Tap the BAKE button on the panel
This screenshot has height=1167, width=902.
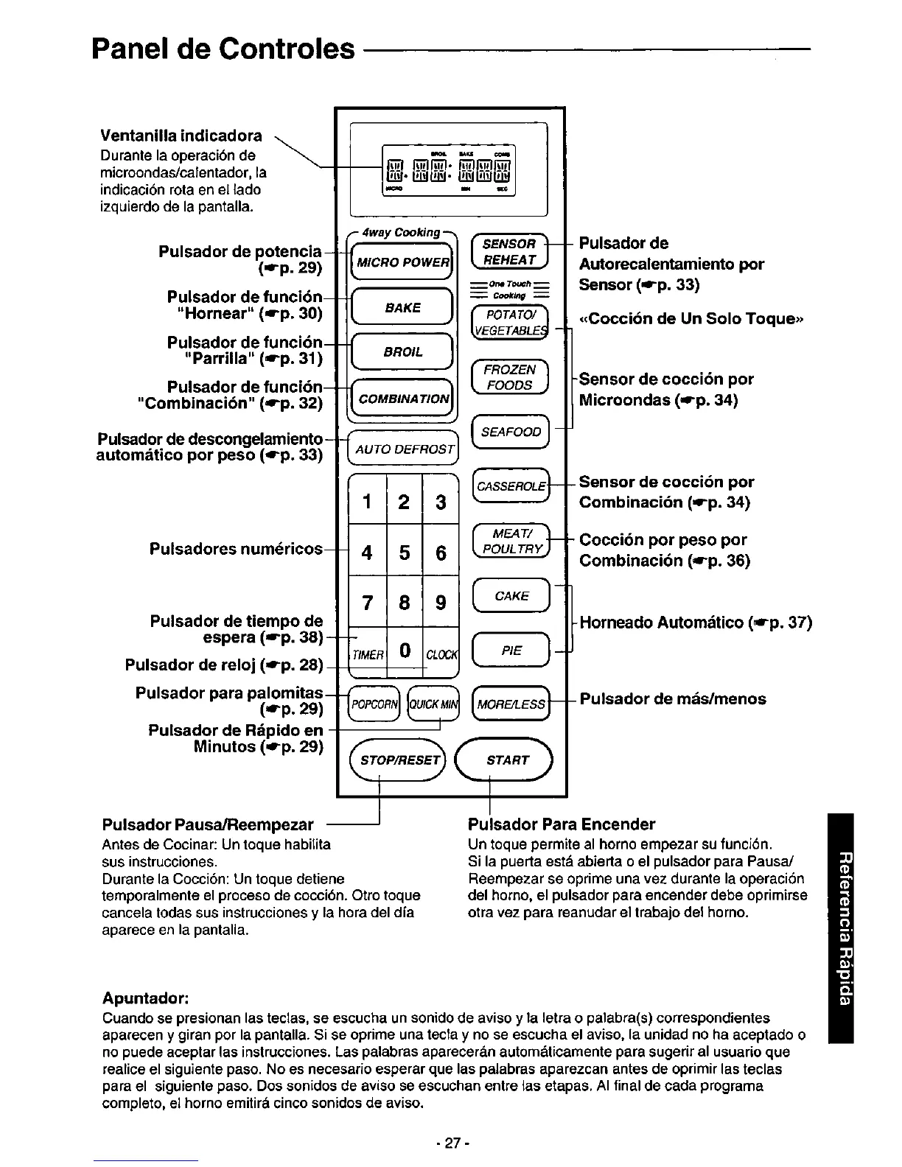[x=402, y=307]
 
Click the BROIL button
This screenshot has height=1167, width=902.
[x=402, y=351]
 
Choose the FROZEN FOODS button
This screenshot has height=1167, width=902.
[x=509, y=377]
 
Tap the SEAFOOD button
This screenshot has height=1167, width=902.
[x=511, y=432]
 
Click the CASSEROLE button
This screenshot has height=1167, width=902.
[x=511, y=486]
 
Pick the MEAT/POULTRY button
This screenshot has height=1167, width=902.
[x=511, y=541]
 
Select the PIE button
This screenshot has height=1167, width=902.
[x=511, y=650]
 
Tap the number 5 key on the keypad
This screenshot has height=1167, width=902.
[x=404, y=552]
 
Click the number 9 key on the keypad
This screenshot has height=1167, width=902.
[x=441, y=603]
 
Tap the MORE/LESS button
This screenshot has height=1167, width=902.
[x=511, y=704]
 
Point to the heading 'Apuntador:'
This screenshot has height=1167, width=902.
[x=147, y=998]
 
